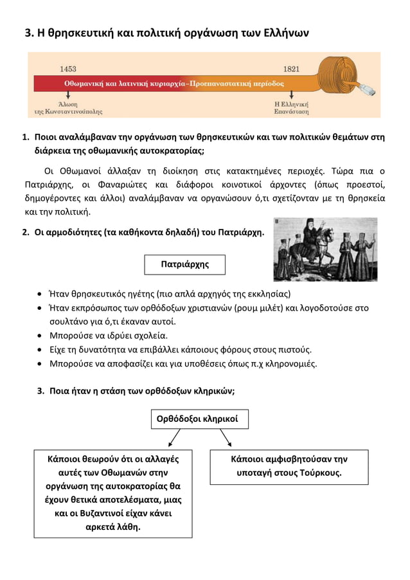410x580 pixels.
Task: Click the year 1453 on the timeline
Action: pos(68,68)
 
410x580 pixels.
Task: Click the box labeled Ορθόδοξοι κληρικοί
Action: pos(199,419)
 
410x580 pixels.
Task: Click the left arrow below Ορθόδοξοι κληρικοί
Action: pos(174,439)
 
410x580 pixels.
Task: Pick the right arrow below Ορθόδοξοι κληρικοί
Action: pos(226,439)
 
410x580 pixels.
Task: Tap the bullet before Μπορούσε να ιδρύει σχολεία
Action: pos(41,336)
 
